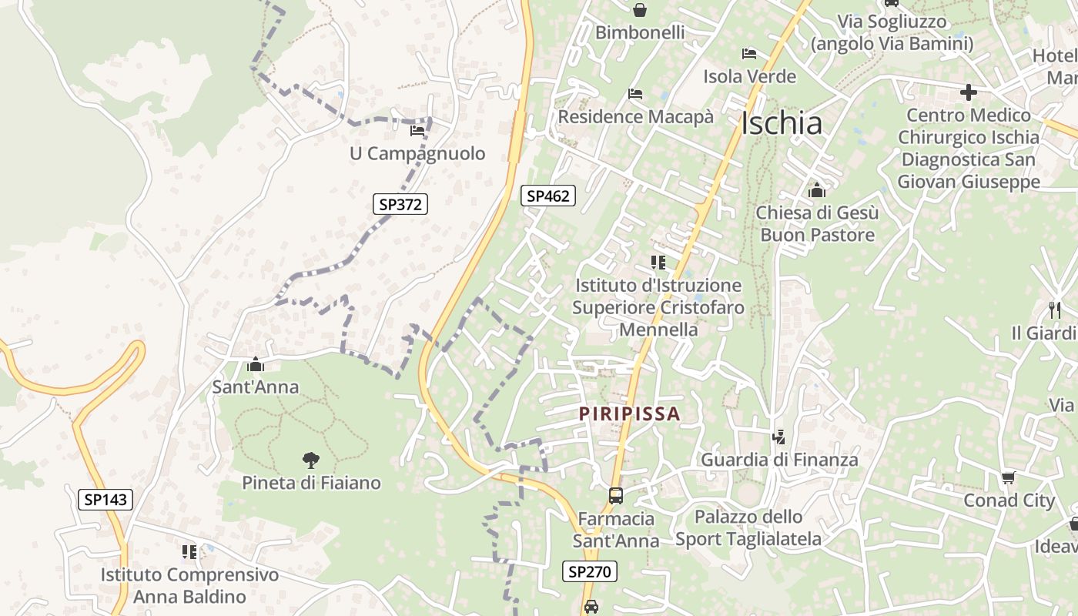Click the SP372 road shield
tap(401, 204)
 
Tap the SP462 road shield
tap(548, 196)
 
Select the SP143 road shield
tap(105, 499)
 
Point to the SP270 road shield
tap(590, 571)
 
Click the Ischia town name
tap(782, 123)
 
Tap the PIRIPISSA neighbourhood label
tap(630, 413)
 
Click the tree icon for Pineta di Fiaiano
tap(311, 460)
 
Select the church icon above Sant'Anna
tap(256, 364)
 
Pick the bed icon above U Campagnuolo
tap(417, 131)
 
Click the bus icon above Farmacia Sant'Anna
tap(616, 496)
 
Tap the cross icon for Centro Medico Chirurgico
tap(969, 93)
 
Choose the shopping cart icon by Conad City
tap(1009, 478)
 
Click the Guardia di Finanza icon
tap(779, 437)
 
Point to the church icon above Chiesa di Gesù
tap(816, 189)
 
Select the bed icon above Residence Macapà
tap(635, 94)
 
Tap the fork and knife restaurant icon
tap(1055, 310)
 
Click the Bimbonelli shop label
tap(640, 32)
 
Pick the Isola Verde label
tap(749, 76)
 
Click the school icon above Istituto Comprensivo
tap(189, 551)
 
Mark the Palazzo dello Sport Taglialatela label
tap(748, 527)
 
